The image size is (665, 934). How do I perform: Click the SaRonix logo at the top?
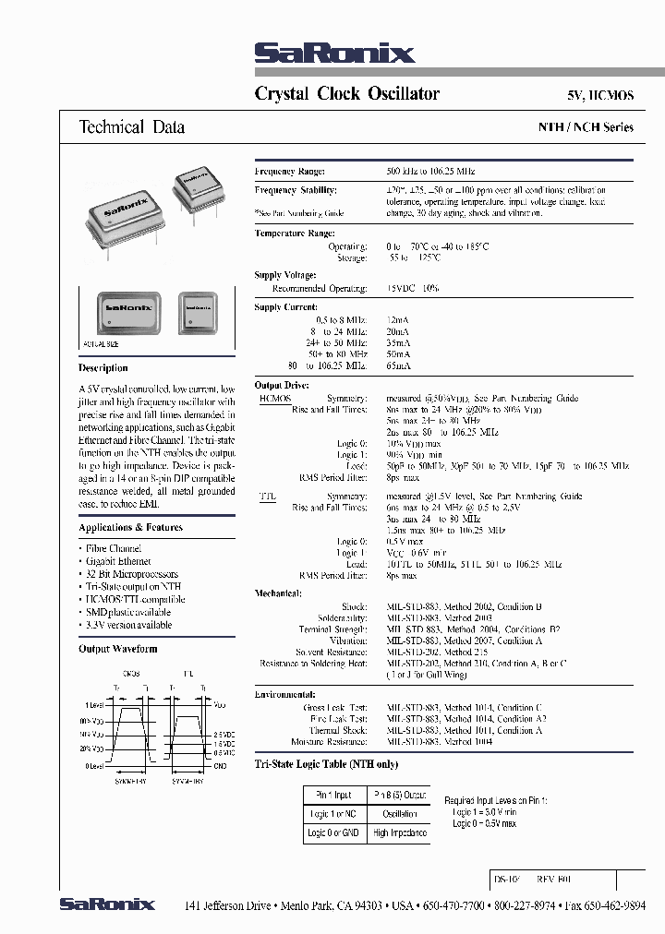coord(333,54)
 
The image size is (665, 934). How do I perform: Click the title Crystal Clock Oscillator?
coord(346,94)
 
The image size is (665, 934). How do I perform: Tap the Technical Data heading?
coord(132,127)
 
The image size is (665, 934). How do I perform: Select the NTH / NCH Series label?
coord(586,127)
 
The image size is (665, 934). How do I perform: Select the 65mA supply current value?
coord(398,365)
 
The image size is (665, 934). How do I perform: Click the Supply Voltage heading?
coord(285,275)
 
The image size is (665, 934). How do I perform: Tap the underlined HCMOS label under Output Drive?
coord(274,398)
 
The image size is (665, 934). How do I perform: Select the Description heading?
coord(103,367)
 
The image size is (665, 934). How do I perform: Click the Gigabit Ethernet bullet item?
coord(118,561)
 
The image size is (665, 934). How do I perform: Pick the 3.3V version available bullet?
coord(128,625)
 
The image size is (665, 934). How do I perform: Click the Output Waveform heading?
coord(118,649)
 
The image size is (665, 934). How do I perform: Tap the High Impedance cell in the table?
coord(399,832)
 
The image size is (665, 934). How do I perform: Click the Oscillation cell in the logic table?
coord(399,814)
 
